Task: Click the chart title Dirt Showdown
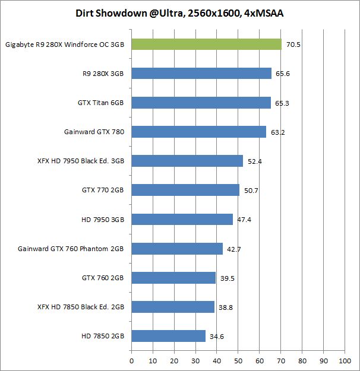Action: pos(179,13)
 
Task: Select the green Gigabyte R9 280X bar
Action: pos(206,44)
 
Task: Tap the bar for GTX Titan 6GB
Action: pos(201,103)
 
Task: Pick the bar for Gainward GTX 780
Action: pos(198,132)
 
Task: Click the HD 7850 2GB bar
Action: pos(168,336)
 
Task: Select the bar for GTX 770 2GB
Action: pos(185,190)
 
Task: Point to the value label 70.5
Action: pos(292,45)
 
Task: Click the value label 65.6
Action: pos(282,74)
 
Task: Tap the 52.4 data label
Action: pos(254,161)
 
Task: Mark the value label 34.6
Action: pos(216,337)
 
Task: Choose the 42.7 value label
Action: pos(233,249)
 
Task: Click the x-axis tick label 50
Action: pos(238,360)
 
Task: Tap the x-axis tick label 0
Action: pos(131,360)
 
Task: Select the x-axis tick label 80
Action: pos(302,360)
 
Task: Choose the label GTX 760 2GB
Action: pos(103,278)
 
